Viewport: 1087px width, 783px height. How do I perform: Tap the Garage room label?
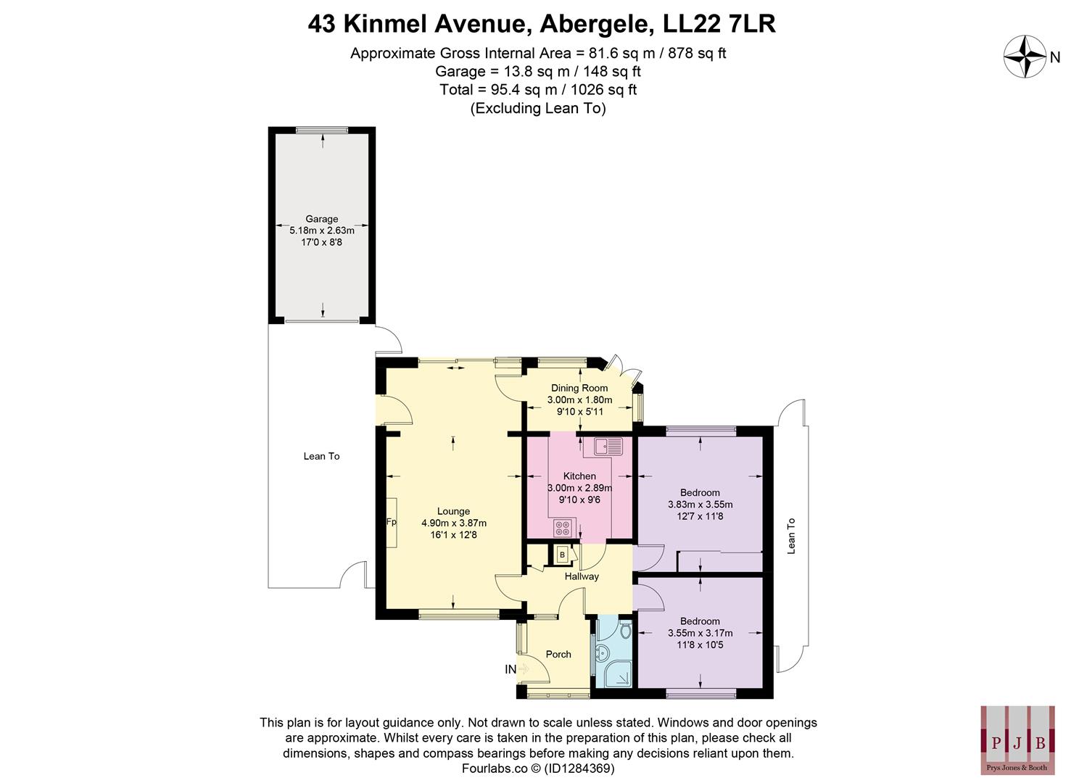pos(321,219)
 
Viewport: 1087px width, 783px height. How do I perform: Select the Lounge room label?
pos(453,511)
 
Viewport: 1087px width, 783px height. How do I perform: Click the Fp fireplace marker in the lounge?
pos(391,522)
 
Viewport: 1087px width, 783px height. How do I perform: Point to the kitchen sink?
pos(608,446)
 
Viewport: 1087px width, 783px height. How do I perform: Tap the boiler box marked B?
pos(562,555)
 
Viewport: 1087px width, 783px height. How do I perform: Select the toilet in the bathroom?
pos(624,631)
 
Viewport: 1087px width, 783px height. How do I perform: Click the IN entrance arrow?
pos(516,669)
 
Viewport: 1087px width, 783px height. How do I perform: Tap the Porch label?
pos(558,654)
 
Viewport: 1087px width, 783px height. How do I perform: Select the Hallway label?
pos(582,576)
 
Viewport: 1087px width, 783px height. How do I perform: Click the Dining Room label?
pos(579,388)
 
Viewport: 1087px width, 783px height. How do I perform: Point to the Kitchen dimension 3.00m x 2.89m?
pos(579,488)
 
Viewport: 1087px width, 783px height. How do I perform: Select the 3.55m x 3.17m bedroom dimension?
pos(700,633)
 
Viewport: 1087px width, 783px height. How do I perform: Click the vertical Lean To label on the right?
pos(791,536)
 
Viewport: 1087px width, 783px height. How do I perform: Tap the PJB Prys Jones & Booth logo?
pos(1017,740)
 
